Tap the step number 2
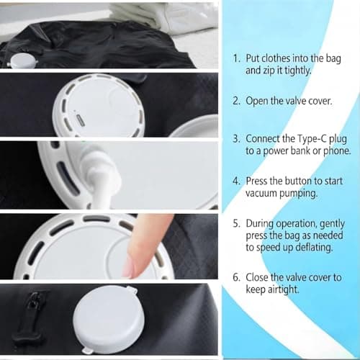235,101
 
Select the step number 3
235,138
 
